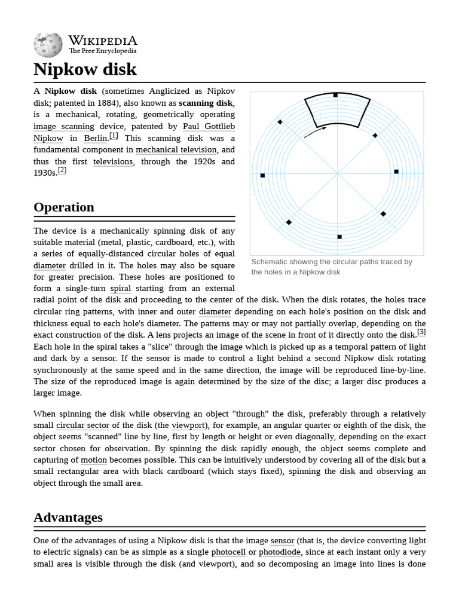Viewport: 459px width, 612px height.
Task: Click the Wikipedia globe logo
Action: pyautogui.click(x=48, y=45)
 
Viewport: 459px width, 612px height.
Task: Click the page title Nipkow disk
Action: pyautogui.click(x=85, y=69)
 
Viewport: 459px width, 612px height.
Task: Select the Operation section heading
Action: pyautogui.click(x=64, y=207)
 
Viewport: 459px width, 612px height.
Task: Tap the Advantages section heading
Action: pyautogui.click(x=68, y=518)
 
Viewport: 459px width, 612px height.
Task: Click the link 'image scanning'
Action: pyautogui.click(x=64, y=127)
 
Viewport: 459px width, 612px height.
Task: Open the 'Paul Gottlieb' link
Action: pyautogui.click(x=209, y=127)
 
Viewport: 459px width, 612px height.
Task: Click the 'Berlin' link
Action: pyautogui.click(x=96, y=139)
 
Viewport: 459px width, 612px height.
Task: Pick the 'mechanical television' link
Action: pyautogui.click(x=176, y=150)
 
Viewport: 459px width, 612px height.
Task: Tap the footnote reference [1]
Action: pyautogui.click(x=114, y=136)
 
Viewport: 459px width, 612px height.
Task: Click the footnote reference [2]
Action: pyautogui.click(x=62, y=170)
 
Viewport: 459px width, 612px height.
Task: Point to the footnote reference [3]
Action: pyautogui.click(x=421, y=332)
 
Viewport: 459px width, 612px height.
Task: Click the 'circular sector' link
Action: pyautogui.click(x=82, y=426)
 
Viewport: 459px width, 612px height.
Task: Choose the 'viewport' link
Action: pyautogui.click(x=188, y=426)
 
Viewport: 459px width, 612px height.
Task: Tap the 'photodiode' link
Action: pyautogui.click(x=279, y=552)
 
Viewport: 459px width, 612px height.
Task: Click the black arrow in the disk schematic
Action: pyautogui.click(x=315, y=132)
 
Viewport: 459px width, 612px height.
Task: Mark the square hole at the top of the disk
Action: pyautogui.click(x=335, y=95)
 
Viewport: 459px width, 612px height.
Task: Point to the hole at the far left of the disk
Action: pyautogui.click(x=262, y=175)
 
